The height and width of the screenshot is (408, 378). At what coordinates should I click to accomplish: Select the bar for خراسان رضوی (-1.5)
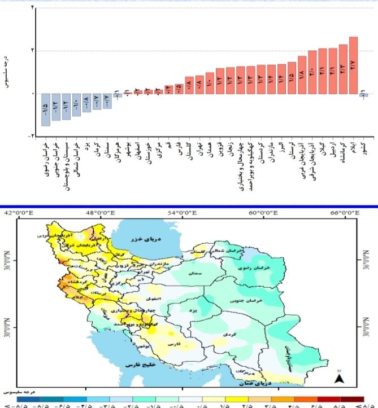click(x=46, y=109)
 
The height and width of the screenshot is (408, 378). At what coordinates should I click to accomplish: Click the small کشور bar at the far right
click(x=364, y=95)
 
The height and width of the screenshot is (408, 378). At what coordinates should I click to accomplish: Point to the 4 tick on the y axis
click(x=32, y=7)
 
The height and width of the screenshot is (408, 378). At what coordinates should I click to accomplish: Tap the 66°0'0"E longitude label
click(x=344, y=213)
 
